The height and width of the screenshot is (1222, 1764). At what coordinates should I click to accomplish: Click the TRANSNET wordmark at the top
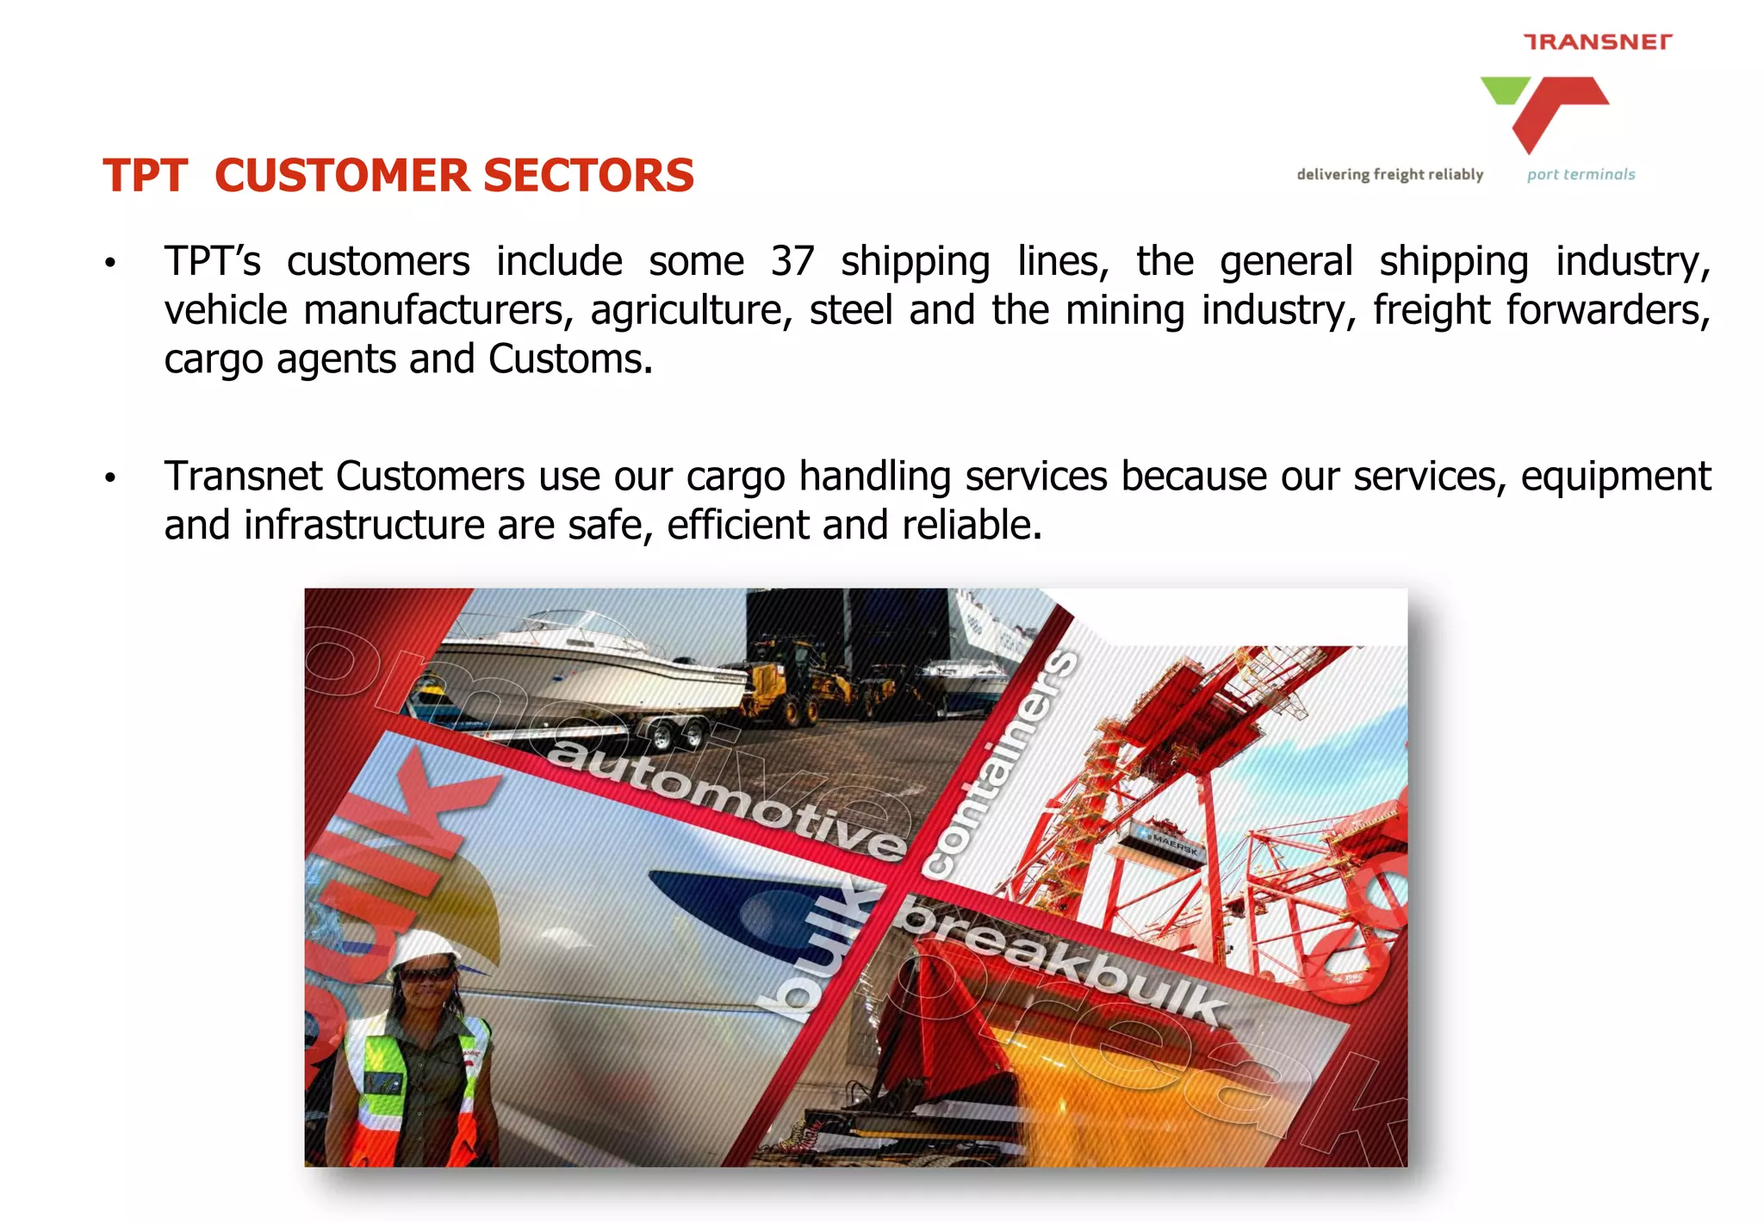[x=1598, y=41]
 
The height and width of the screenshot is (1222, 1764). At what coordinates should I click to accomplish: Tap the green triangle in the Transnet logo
[x=1504, y=89]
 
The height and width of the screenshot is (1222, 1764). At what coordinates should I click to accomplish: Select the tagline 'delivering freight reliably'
[x=1389, y=174]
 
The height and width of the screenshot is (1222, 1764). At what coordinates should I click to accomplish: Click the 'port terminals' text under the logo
[x=1581, y=174]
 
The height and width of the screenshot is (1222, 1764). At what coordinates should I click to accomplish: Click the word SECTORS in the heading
[x=588, y=176]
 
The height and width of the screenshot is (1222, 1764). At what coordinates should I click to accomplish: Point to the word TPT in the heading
[x=145, y=176]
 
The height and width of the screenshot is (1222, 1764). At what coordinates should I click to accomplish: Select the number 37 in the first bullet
[x=792, y=261]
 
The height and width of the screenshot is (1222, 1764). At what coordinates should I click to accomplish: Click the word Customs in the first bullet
[x=569, y=359]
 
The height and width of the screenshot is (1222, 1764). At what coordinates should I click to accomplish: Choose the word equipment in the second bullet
[x=1615, y=477]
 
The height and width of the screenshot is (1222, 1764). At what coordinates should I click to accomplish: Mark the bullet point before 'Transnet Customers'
[x=110, y=477]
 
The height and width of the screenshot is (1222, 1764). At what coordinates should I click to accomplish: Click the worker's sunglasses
[x=427, y=975]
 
